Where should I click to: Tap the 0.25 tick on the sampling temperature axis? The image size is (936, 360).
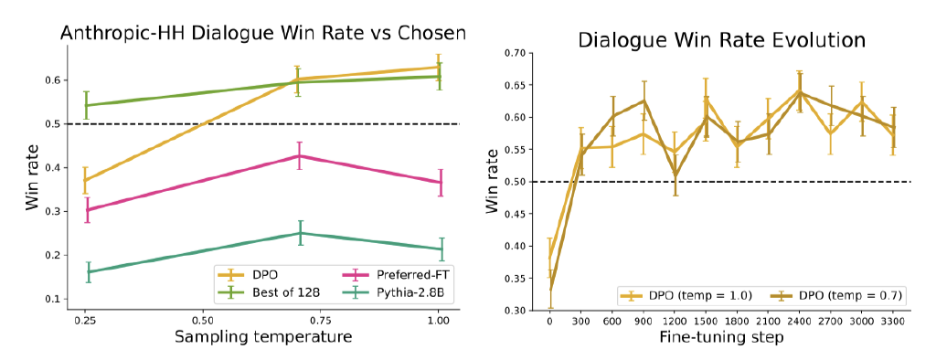tap(84, 322)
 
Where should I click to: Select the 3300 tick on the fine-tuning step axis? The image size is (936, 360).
tap(892, 322)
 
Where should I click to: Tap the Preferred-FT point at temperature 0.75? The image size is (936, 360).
tap(298, 156)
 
